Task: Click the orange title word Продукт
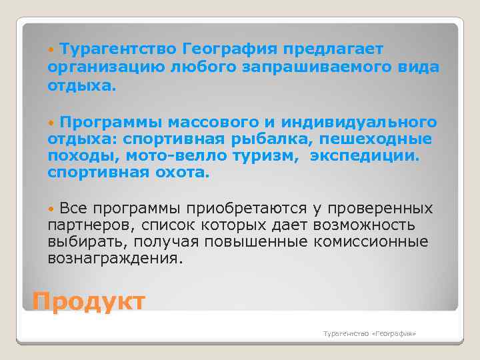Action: coord(88,301)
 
